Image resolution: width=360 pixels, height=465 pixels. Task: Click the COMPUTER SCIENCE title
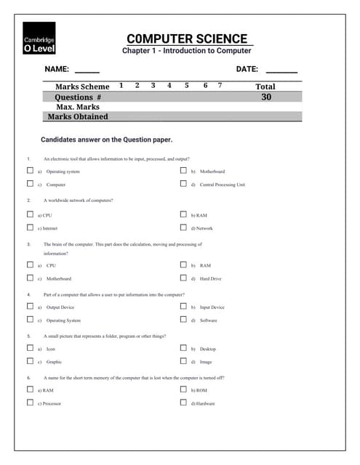point(187,39)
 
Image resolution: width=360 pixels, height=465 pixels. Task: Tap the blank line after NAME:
point(87,71)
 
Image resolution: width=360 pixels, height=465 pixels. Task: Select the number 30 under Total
point(266,97)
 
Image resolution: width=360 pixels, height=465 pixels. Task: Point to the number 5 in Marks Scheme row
point(186,86)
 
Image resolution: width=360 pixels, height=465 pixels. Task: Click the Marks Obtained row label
point(78,116)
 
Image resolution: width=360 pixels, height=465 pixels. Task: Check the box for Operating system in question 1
point(30,171)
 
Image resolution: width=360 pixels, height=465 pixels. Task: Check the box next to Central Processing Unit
point(183,184)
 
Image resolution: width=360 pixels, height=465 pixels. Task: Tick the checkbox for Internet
point(30,227)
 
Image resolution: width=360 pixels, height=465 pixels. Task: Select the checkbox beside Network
point(183,227)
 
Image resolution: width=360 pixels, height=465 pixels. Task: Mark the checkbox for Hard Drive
point(183,278)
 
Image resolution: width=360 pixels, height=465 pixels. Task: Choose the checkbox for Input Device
point(183,307)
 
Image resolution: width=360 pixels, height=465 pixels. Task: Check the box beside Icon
point(30,348)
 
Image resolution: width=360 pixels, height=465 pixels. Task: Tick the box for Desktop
point(183,348)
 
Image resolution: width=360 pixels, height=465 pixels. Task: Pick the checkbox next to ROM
point(183,389)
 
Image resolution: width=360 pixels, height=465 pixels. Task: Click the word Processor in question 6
point(51,403)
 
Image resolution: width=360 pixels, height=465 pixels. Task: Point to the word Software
point(209,320)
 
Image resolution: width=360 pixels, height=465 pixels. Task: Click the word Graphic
point(55,362)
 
